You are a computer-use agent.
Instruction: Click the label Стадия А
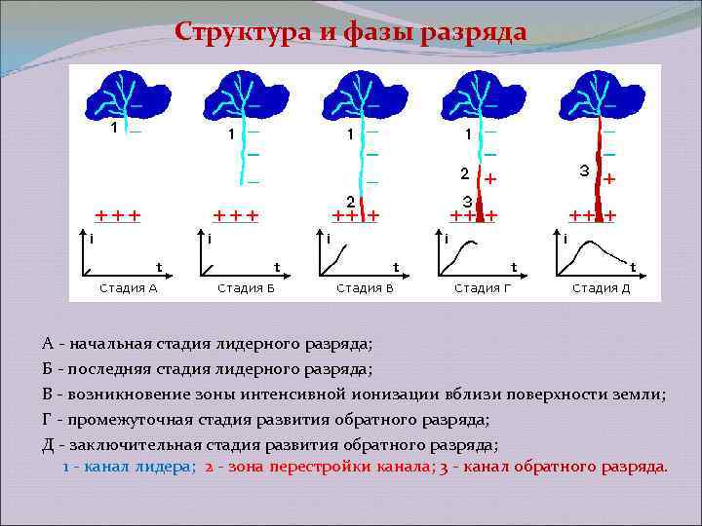[129, 287]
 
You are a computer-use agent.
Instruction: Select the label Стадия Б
[247, 287]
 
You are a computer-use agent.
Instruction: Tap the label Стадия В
[365, 287]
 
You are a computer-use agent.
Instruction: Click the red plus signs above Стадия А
[118, 214]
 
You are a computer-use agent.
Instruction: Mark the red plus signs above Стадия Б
[236, 214]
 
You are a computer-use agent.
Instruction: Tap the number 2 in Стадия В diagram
[350, 201]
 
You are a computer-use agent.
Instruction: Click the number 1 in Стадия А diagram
[113, 128]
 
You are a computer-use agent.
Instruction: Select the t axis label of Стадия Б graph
[277, 265]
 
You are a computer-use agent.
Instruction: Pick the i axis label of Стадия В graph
[329, 237]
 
